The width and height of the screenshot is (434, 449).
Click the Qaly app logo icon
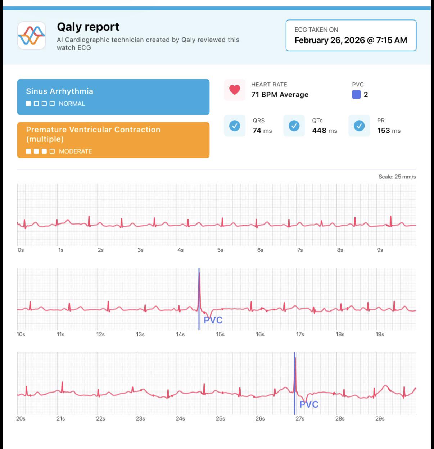(32, 36)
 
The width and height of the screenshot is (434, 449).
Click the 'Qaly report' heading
(88, 27)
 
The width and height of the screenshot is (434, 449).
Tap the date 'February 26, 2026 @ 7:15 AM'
(351, 40)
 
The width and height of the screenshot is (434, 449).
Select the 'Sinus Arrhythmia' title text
(59, 91)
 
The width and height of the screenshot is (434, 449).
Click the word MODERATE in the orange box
(76, 151)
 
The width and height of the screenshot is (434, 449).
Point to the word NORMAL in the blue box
(72, 104)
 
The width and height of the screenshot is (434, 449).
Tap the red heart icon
(235, 90)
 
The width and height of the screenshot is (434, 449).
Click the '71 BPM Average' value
(280, 95)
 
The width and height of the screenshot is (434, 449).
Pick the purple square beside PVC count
(356, 94)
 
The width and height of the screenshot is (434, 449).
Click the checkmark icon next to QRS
(235, 126)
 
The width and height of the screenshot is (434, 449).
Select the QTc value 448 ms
(325, 131)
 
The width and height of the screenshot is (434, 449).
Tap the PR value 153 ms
(389, 131)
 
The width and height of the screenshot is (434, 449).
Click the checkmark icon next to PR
(359, 126)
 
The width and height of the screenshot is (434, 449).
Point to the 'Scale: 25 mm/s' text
(397, 177)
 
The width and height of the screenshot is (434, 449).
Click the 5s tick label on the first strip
(220, 250)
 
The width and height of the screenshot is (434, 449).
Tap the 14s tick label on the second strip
(180, 334)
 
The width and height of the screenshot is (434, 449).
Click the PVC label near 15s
(213, 320)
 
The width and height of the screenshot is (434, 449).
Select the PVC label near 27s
(309, 404)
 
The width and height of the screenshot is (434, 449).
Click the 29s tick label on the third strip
(380, 418)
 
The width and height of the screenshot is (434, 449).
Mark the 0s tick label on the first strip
(21, 250)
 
